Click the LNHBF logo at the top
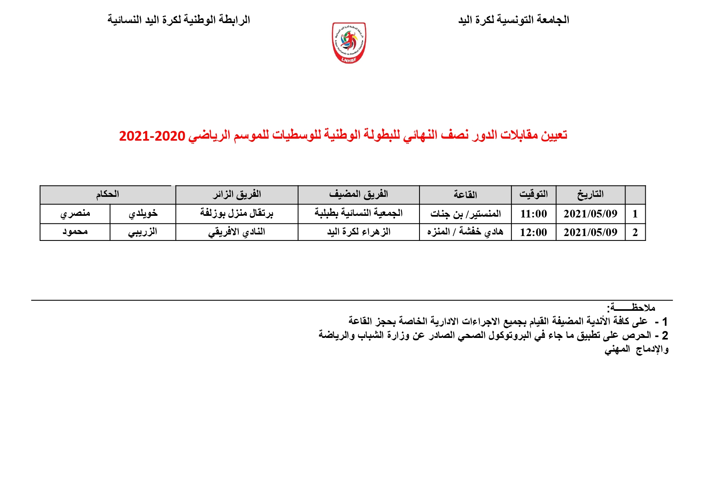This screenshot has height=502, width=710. [x=349, y=43]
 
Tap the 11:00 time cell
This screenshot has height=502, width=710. [x=533, y=214]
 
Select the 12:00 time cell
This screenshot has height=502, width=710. [x=533, y=232]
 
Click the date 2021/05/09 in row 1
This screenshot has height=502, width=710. [x=590, y=214]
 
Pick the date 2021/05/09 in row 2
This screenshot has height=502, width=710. [x=590, y=232]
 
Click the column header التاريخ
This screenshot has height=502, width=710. [x=590, y=194]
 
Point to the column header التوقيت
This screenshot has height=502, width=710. [x=533, y=194]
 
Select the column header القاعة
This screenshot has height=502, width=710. [x=465, y=195]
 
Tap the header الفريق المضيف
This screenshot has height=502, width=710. [x=358, y=194]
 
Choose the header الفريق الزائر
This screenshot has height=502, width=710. [x=237, y=194]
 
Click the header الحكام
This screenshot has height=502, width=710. [x=107, y=194]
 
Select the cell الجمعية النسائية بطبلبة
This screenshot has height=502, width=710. [x=358, y=213]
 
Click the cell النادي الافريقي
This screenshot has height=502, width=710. [x=237, y=232]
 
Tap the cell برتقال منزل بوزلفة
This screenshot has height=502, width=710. [x=237, y=213]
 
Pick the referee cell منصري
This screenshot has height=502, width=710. [x=75, y=213]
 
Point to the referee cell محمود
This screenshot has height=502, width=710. [x=75, y=232]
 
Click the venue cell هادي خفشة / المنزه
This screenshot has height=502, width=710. [x=465, y=232]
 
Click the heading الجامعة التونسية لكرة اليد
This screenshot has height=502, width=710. [x=513, y=20]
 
